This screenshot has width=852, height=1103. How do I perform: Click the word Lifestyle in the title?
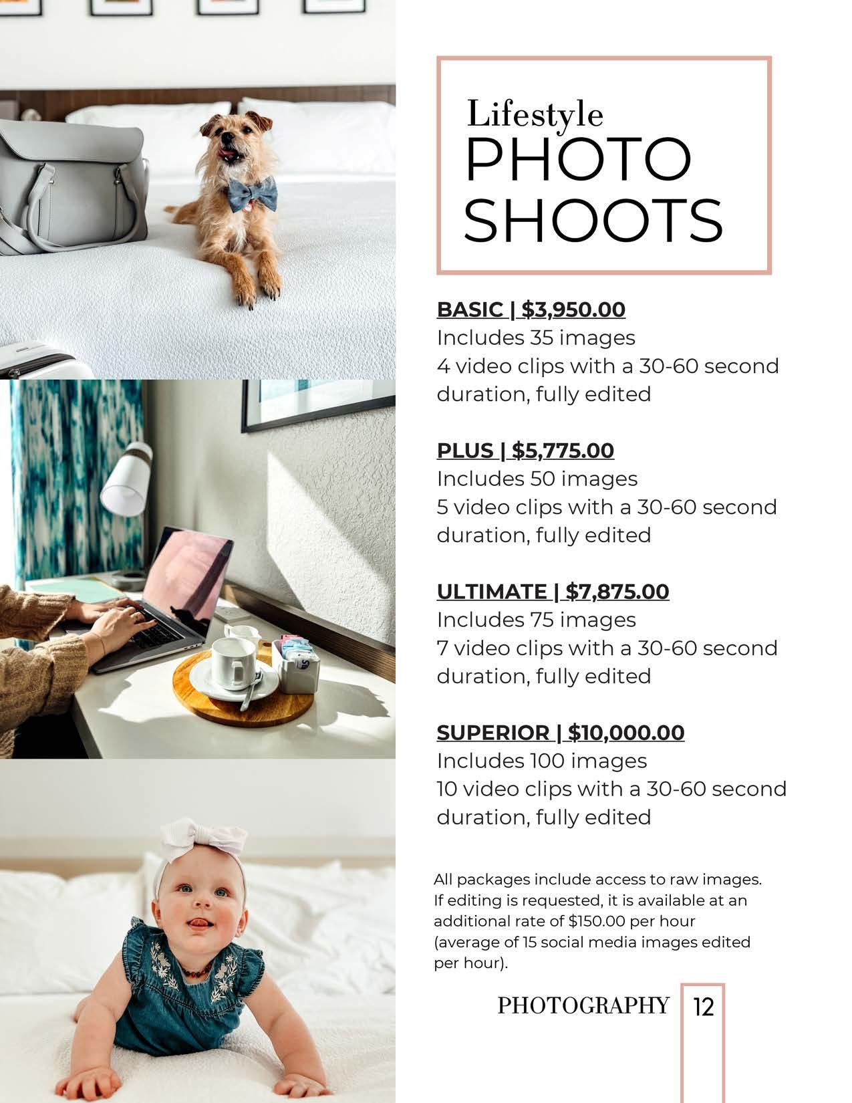point(535,114)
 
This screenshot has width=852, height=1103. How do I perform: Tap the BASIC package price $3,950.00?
point(573,310)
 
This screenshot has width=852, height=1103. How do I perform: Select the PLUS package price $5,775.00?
point(563,451)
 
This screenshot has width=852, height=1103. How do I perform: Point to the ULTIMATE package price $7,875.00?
point(617,592)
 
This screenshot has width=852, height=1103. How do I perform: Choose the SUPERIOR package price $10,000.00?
point(626,733)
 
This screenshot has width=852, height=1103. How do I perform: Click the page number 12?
point(703,1007)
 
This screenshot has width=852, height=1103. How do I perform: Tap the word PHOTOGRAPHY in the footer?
point(583,1005)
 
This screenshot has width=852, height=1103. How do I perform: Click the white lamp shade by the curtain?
point(125,479)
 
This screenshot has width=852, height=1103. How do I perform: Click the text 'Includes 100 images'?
point(542,761)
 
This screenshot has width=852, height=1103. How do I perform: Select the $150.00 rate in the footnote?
point(597,921)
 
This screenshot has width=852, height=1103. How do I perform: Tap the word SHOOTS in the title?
point(593,220)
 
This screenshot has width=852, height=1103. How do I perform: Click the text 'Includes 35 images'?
point(536,338)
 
